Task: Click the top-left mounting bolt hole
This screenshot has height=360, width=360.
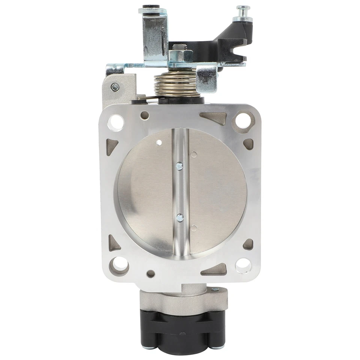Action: click(116, 122)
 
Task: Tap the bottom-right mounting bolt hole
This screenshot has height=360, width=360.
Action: click(243, 265)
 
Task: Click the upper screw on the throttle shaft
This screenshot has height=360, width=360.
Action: click(180, 165)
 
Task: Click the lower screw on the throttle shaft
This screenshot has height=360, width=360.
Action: click(180, 217)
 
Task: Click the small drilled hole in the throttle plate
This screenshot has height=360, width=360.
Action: click(159, 142)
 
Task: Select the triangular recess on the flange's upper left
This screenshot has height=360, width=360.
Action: click(112, 146)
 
